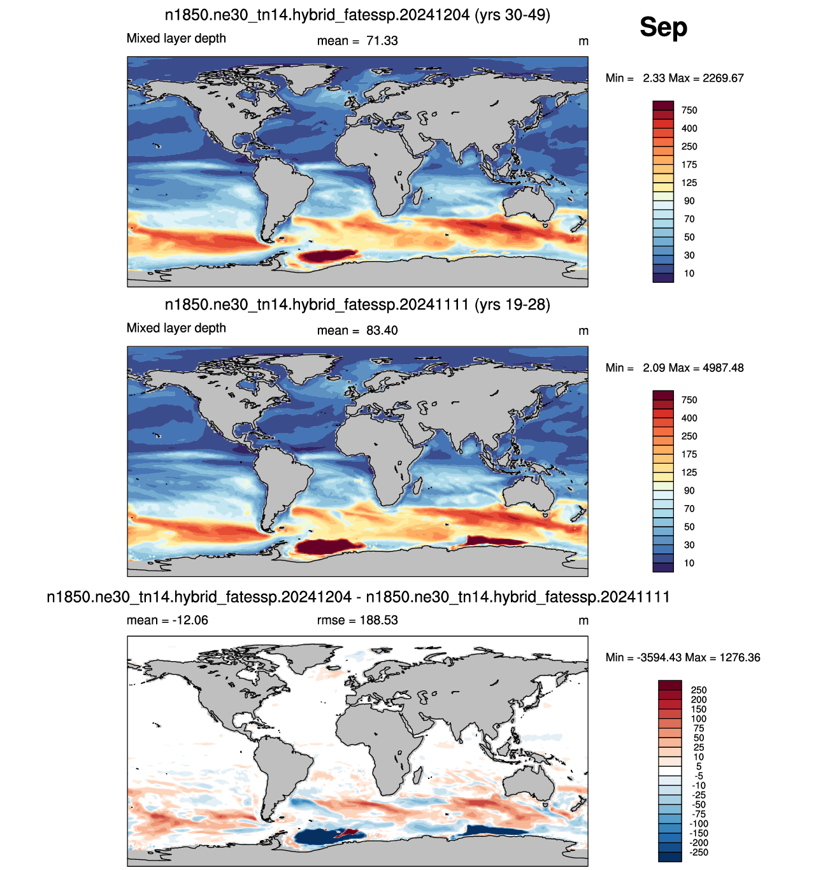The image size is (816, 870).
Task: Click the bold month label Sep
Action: (x=663, y=27)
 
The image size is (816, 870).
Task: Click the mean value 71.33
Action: (x=382, y=41)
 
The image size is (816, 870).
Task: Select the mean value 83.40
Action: (x=382, y=331)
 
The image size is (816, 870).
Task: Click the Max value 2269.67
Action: (x=723, y=78)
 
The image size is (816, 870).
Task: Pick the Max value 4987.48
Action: (x=723, y=367)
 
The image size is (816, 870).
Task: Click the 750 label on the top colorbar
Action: (x=689, y=110)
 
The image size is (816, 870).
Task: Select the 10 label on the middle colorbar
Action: (x=689, y=563)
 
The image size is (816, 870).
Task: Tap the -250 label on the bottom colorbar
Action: (x=699, y=852)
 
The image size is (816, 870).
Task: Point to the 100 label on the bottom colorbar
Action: (x=699, y=718)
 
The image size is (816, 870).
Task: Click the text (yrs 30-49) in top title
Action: (x=512, y=15)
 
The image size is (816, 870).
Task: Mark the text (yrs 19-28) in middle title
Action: (x=512, y=304)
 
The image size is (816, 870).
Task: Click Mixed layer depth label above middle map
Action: (x=176, y=328)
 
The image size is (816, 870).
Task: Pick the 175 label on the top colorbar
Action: (x=689, y=165)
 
